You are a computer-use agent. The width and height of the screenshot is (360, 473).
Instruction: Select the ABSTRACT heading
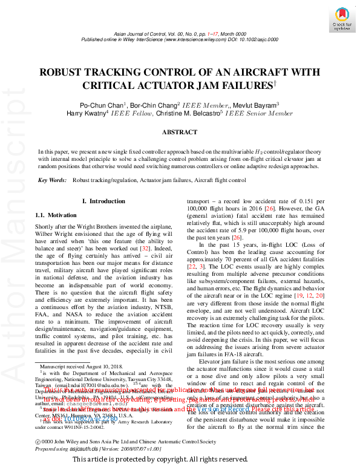(179, 131)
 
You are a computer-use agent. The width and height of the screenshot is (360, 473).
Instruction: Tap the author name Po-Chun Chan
(102, 104)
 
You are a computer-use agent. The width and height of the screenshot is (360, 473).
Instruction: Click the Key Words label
(52, 180)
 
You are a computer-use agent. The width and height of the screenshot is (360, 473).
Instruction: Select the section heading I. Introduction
(103, 201)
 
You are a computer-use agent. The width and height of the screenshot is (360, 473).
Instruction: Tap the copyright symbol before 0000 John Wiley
(39, 442)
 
